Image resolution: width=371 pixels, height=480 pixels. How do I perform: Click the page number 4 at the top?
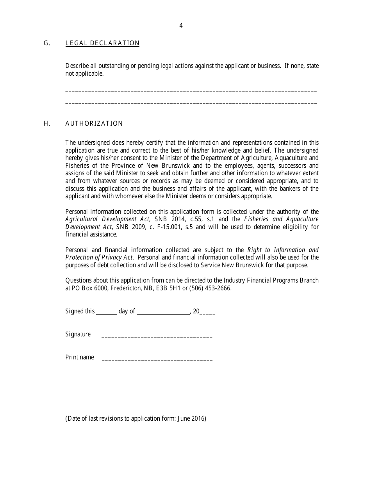click(x=181, y=26)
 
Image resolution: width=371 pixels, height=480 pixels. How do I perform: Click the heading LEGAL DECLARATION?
click(x=102, y=43)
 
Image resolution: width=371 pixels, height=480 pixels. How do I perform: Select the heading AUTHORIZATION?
click(x=94, y=124)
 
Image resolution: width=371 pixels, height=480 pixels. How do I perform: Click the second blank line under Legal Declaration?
click(x=191, y=103)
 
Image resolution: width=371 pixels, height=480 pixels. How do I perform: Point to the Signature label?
click(x=78, y=334)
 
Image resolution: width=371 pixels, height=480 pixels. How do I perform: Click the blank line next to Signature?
click(x=157, y=336)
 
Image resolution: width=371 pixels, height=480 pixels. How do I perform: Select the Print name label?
click(x=80, y=357)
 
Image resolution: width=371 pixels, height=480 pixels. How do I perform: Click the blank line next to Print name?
click(x=157, y=359)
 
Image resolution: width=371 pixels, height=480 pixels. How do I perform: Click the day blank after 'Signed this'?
click(x=106, y=313)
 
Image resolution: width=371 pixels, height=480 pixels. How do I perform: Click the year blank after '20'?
click(x=208, y=313)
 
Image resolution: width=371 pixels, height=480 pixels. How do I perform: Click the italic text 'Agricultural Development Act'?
click(x=107, y=219)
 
